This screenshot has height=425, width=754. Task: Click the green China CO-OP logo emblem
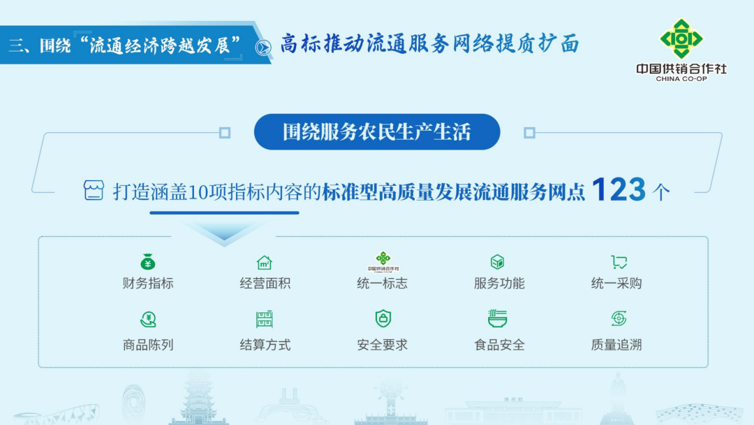[681, 38]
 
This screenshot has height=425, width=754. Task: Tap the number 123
[619, 189]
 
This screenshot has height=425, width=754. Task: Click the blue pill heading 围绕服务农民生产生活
[377, 132]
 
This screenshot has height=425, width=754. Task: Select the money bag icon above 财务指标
[147, 262]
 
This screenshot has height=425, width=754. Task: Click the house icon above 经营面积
[265, 262]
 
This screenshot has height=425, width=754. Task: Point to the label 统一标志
[383, 284]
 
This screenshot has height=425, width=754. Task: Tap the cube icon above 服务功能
[497, 262]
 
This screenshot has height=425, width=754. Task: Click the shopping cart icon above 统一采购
[619, 262]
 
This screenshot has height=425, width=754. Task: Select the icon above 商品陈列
[148, 319]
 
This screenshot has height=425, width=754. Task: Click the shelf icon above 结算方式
[265, 319]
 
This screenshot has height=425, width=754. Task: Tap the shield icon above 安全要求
[383, 318]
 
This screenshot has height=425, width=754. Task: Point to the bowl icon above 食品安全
[497, 319]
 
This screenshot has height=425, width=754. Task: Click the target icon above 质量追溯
[619, 318]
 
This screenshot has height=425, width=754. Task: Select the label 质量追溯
[616, 345]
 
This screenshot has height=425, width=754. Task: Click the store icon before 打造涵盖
[94, 190]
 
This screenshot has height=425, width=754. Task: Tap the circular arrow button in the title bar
[263, 48]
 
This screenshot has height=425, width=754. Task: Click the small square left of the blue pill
[225, 132]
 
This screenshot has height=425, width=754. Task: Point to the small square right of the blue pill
[529, 132]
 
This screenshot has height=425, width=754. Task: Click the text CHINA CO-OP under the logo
[681, 79]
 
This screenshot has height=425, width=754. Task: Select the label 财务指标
[148, 284]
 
